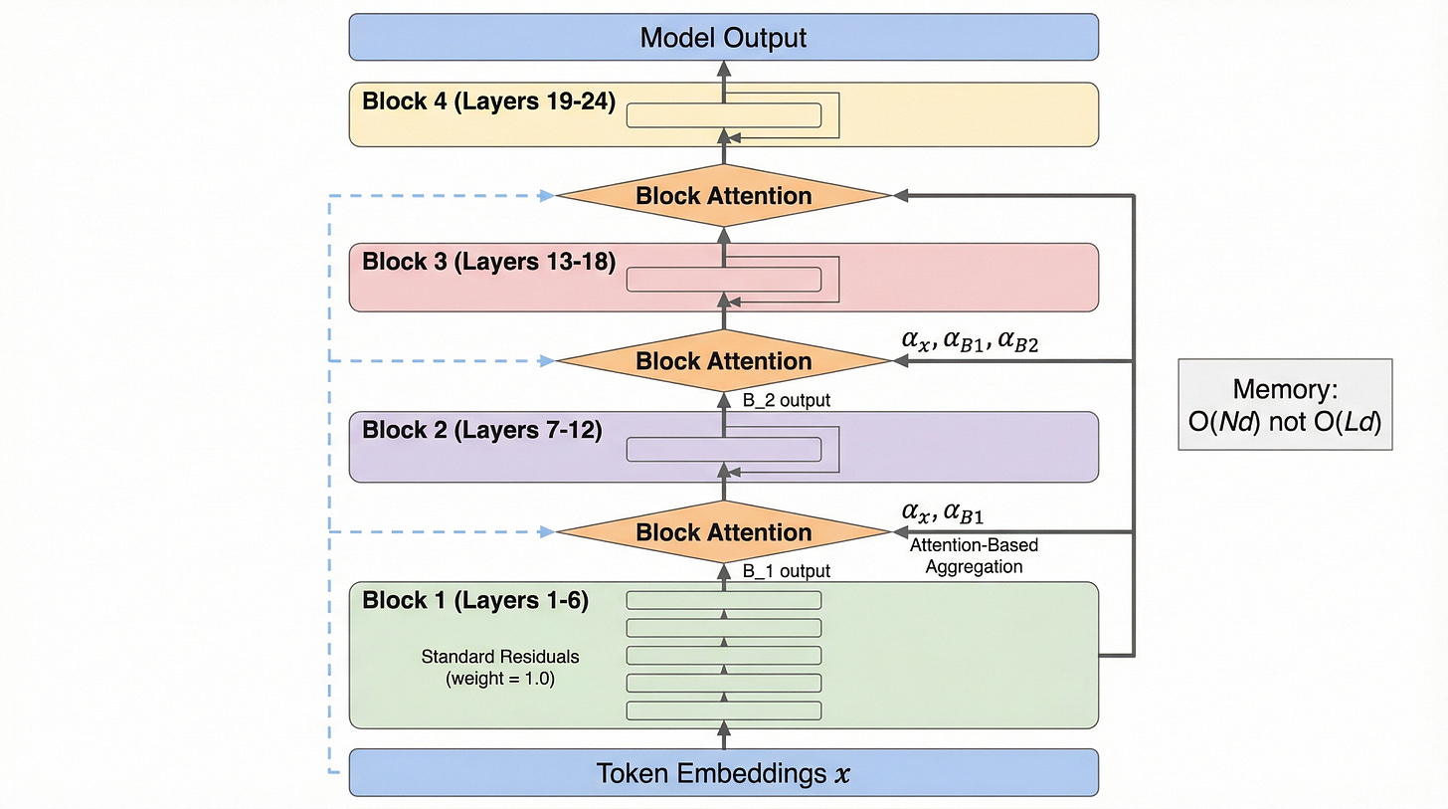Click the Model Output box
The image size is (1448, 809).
point(723,38)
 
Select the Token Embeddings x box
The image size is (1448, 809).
point(723,773)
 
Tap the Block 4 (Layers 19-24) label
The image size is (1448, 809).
point(488,101)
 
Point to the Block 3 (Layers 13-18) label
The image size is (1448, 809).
point(488,263)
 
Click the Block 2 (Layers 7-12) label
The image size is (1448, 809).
point(481,431)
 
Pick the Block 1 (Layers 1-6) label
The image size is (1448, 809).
point(475,601)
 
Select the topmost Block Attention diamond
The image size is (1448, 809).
point(723,196)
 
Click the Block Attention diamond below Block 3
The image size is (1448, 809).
point(723,361)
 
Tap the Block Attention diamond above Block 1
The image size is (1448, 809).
point(723,532)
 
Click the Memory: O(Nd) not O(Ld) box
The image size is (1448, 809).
point(1285,404)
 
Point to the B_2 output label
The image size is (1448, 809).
point(787,401)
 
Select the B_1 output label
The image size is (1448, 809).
point(787,571)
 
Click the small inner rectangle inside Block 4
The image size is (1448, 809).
point(723,115)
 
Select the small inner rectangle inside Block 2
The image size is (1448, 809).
point(723,450)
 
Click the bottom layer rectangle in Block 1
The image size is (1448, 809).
point(723,710)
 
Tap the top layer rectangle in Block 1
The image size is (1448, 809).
point(723,600)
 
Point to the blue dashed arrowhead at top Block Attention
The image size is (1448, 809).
point(546,196)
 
